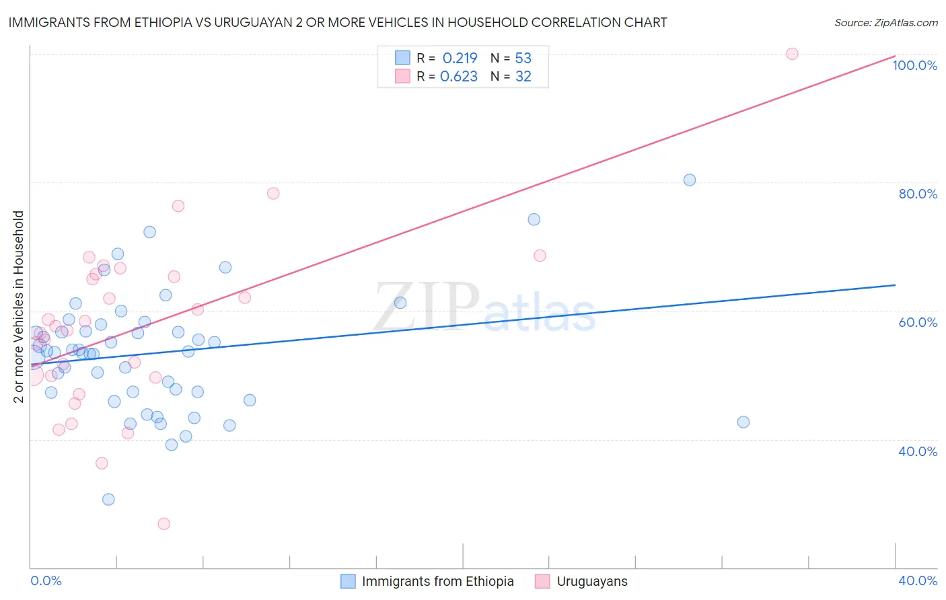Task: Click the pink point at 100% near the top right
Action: [x=792, y=54]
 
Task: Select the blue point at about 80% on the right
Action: [x=689, y=180]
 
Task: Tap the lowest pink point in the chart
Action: [x=163, y=523]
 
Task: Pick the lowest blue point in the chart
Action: [x=108, y=499]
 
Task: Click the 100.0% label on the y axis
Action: [x=914, y=65]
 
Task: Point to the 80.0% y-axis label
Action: [x=918, y=194]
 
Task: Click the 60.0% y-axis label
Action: [x=918, y=322]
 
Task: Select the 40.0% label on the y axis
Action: [x=918, y=451]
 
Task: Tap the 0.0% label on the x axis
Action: [x=46, y=580]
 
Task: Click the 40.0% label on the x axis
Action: [x=918, y=580]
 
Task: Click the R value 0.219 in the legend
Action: [x=460, y=58]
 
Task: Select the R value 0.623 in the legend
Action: [x=458, y=77]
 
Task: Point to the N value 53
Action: [x=523, y=58]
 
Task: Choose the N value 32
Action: [x=523, y=77]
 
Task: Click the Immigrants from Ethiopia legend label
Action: [x=437, y=581]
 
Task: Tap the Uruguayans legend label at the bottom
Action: [x=592, y=581]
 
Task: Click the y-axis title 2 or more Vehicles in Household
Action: [x=19, y=307]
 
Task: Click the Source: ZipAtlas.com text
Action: [x=885, y=22]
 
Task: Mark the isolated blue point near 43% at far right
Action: [x=743, y=422]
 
